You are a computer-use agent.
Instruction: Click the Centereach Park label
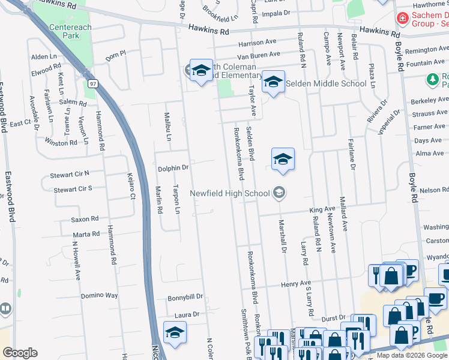[64, 32]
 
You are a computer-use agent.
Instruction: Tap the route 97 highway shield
[91, 83]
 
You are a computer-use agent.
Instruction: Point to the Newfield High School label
[230, 193]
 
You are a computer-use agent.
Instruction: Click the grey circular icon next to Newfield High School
[279, 193]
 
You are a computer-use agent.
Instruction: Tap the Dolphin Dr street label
[173, 169]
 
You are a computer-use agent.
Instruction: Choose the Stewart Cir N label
[71, 173]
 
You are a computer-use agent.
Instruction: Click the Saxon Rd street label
[85, 219]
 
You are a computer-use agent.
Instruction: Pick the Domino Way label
[100, 296]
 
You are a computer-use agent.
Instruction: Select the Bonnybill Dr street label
[185, 297]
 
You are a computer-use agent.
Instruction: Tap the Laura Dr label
[187, 314]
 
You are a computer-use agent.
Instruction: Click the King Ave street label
[322, 209]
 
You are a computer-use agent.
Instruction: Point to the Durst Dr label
[334, 318]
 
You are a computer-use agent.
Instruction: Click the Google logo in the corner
[20, 353]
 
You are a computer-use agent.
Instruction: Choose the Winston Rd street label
[65, 143]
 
